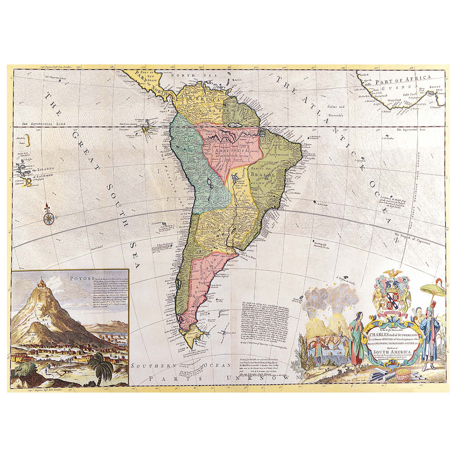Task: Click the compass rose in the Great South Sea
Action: pyautogui.click(x=48, y=216)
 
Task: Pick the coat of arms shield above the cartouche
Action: pyautogui.click(x=392, y=298)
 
